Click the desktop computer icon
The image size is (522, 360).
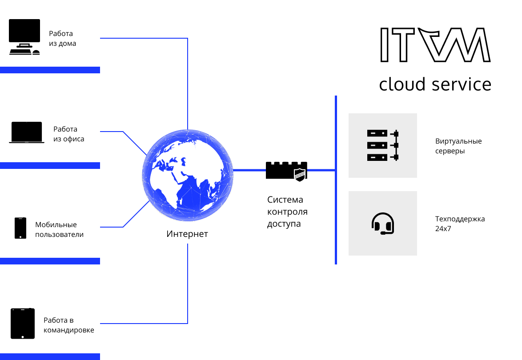tap(24, 37)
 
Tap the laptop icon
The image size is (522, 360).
tap(27, 132)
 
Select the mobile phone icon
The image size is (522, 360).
tap(20, 228)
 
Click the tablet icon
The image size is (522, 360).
tap(23, 324)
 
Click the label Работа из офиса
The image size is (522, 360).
tap(68, 134)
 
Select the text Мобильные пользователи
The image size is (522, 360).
tap(59, 230)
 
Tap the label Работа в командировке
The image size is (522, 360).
tap(68, 325)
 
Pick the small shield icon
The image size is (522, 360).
tap(300, 175)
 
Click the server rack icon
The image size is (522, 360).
tap(382, 145)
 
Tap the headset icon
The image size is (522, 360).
tap(382, 223)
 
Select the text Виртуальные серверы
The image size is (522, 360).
tap(458, 146)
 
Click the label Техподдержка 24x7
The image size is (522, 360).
tap(460, 224)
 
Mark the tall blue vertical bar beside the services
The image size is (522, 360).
tap(336, 180)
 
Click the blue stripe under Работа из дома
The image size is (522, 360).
tap(50, 70)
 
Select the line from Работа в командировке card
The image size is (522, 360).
tap(147, 323)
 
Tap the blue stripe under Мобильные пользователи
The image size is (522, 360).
tap(50, 261)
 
